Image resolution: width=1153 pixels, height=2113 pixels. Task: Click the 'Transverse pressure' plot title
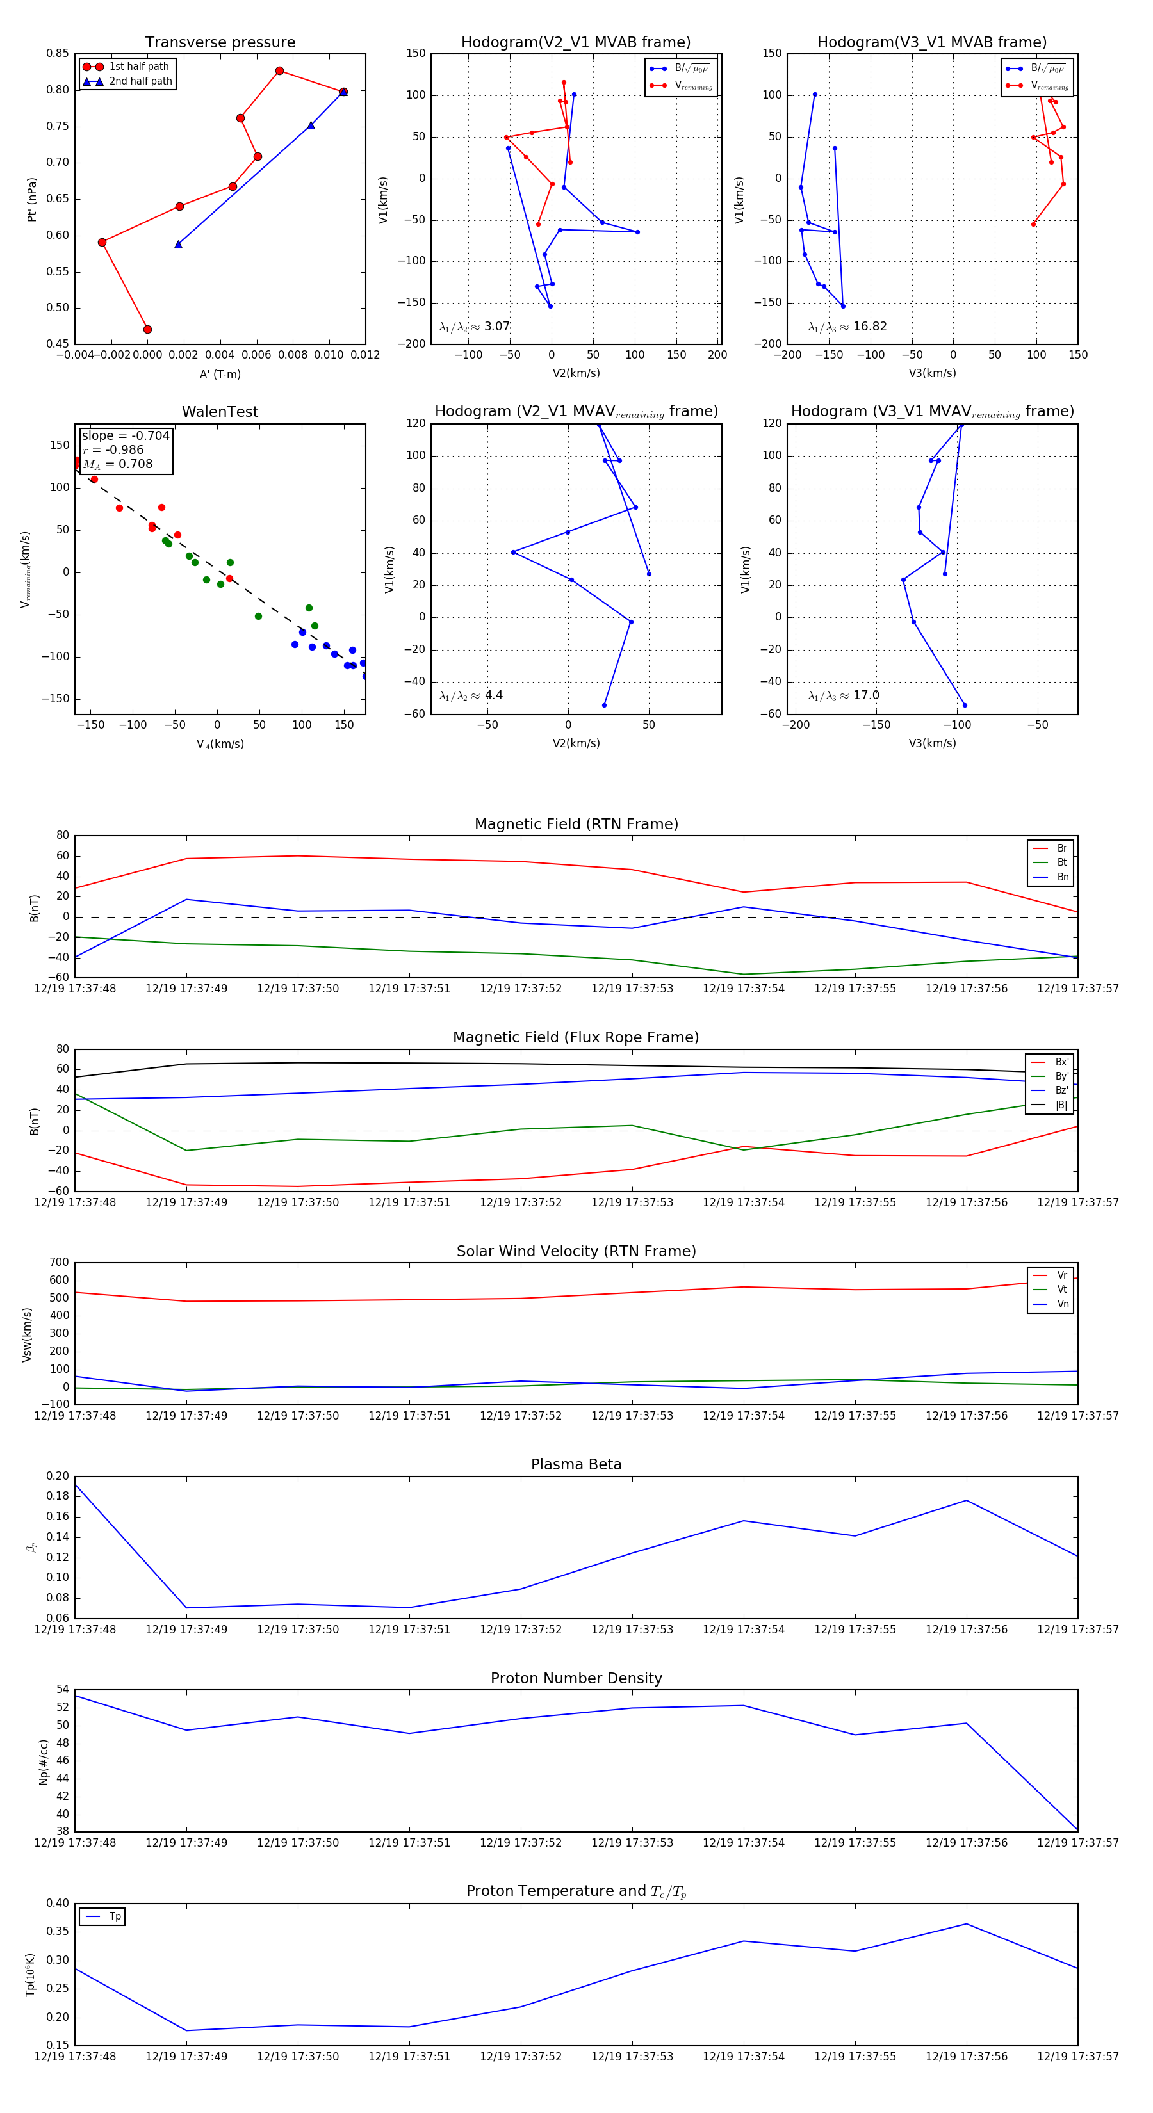pyautogui.click(x=220, y=43)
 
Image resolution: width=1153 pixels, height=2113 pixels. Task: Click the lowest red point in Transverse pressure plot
pyautogui.click(x=148, y=330)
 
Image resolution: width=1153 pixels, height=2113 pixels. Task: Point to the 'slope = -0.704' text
pyautogui.click(x=126, y=435)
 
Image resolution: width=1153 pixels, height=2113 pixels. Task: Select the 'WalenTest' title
pyautogui.click(x=220, y=412)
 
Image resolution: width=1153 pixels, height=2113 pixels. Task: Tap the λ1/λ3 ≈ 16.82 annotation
pyautogui.click(x=847, y=327)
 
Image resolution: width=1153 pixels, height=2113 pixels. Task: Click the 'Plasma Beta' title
pyautogui.click(x=576, y=1465)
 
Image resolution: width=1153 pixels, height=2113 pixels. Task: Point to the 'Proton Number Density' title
pyautogui.click(x=576, y=1678)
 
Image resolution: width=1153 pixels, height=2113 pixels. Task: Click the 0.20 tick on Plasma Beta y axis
pyautogui.click(x=58, y=1477)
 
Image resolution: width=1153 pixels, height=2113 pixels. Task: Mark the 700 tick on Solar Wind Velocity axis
pyautogui.click(x=59, y=1263)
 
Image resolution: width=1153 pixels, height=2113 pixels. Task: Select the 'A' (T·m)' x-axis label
pyautogui.click(x=220, y=374)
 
